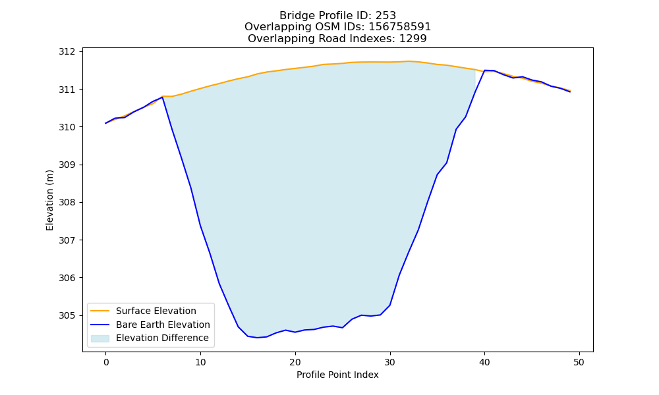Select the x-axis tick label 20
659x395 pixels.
[x=295, y=362]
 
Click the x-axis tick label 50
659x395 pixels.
[x=579, y=362]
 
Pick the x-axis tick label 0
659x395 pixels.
[x=106, y=362]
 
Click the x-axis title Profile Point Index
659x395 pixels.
[x=337, y=375]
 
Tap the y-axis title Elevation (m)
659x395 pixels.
[x=49, y=200]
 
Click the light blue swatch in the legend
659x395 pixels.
[x=100, y=338]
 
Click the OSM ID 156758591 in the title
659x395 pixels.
[x=400, y=27]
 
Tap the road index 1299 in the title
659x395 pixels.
[x=413, y=39]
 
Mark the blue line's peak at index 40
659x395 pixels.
[x=484, y=70]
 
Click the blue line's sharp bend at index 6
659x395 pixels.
[x=162, y=97]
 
